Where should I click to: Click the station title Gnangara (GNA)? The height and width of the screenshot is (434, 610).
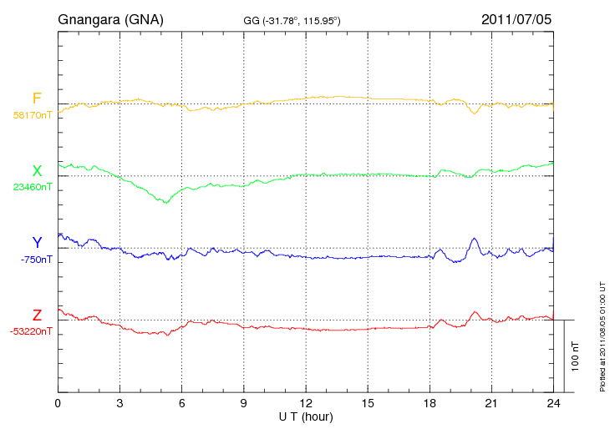pyautogui.click(x=110, y=18)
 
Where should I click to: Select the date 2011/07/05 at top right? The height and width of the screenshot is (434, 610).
pyautogui.click(x=516, y=18)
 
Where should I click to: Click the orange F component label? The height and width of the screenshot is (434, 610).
pyautogui.click(x=37, y=98)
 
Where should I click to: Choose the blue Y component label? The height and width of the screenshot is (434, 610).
pyautogui.click(x=37, y=243)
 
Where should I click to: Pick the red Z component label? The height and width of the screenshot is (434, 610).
pyautogui.click(x=37, y=315)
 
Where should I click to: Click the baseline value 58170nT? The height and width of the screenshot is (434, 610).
pyautogui.click(x=32, y=115)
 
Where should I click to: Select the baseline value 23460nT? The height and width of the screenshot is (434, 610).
pyautogui.click(x=32, y=187)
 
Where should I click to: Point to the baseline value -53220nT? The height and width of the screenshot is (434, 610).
pyautogui.click(x=32, y=331)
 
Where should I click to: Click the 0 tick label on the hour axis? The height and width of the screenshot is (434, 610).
pyautogui.click(x=58, y=403)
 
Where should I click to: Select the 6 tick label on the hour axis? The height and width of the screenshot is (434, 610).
pyautogui.click(x=182, y=403)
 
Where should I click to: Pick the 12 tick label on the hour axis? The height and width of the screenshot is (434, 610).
pyautogui.click(x=306, y=403)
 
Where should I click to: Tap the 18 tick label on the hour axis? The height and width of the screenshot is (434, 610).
pyautogui.click(x=430, y=403)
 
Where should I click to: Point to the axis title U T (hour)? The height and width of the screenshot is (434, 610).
pyautogui.click(x=306, y=416)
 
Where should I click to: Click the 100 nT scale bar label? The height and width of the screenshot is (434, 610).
pyautogui.click(x=576, y=356)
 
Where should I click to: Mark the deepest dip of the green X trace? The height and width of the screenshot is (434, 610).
pyautogui.click(x=165, y=203)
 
